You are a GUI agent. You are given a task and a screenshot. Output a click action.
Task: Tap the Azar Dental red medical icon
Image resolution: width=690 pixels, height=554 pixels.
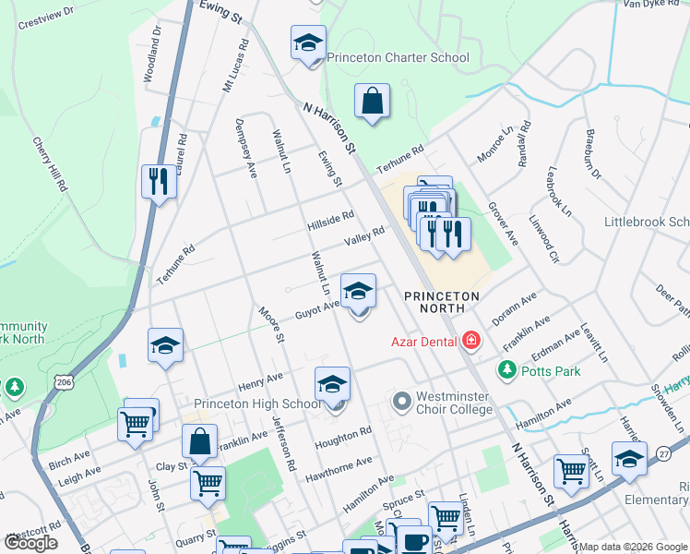tap(471, 342)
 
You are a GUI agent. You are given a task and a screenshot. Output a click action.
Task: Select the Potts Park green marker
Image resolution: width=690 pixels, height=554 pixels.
tap(506, 370)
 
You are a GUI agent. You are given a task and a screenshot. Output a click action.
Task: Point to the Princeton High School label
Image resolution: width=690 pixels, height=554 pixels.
tap(257, 403)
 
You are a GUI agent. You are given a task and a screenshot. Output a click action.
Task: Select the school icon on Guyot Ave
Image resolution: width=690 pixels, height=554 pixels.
tap(359, 291)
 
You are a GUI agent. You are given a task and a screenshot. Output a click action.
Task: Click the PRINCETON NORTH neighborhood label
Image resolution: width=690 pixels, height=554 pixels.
tap(442, 302)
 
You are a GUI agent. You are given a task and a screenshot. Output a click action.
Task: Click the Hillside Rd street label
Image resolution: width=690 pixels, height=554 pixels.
tap(331, 222)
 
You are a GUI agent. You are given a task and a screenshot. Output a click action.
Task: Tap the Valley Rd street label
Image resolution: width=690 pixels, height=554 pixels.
tap(363, 237)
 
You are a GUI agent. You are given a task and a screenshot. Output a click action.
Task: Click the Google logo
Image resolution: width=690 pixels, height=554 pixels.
tap(30, 543)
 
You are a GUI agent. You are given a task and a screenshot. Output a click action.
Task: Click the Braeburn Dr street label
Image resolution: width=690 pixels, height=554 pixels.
tap(592, 154)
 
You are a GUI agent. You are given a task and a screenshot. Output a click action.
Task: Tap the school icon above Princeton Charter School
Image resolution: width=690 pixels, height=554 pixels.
tap(309, 42)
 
